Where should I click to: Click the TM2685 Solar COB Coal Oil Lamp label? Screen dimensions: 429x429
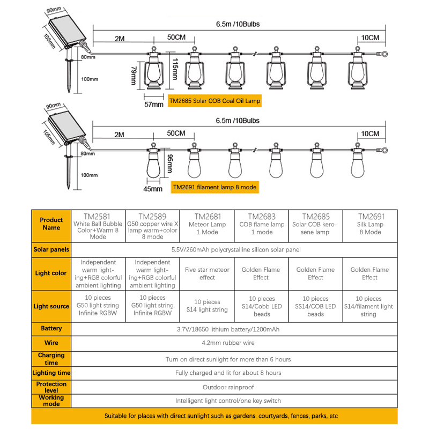click(215, 100)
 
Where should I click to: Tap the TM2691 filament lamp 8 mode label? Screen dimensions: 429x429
click(214, 187)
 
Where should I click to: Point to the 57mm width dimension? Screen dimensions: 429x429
click(154, 104)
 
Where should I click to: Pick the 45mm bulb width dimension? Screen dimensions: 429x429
click(153, 189)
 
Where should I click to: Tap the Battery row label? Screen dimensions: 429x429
click(51, 328)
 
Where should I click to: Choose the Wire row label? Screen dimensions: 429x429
click(51, 342)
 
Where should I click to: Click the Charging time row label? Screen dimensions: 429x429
click(51, 359)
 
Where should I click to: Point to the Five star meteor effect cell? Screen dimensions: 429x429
click(207, 273)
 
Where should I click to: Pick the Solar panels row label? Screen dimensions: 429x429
click(51, 249)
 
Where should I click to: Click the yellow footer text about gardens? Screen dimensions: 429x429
click(214, 416)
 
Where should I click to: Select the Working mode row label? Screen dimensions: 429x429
click(51, 400)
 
